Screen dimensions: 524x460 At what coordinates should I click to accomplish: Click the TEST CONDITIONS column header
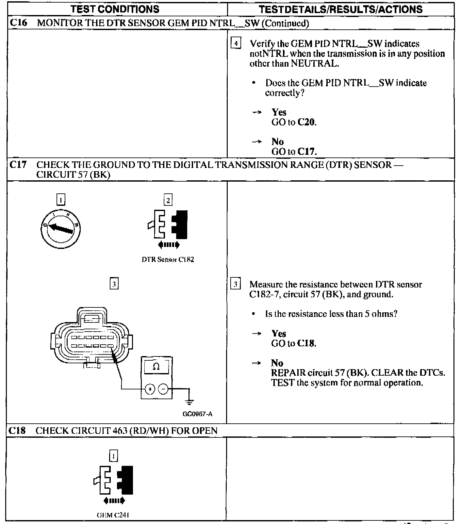[x=115, y=9]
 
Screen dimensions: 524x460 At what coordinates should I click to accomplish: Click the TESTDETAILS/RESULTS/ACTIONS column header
[x=340, y=9]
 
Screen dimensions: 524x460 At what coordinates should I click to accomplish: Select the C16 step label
[x=18, y=23]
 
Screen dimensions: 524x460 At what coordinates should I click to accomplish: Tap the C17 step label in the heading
[x=18, y=164]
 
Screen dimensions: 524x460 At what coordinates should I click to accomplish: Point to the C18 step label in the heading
[x=18, y=431]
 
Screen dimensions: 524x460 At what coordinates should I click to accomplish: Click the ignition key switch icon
[x=61, y=228]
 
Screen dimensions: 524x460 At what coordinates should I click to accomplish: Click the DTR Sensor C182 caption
[x=168, y=260]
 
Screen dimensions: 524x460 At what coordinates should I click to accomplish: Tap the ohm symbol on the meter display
[x=156, y=367]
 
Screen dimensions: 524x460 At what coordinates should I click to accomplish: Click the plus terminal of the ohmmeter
[x=150, y=389]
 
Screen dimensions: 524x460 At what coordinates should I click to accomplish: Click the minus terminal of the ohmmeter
[x=163, y=389]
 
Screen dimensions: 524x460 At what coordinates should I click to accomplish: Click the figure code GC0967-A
[x=197, y=414]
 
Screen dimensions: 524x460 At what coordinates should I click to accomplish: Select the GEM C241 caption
[x=113, y=515]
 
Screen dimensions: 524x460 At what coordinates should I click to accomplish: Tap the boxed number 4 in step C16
[x=236, y=43]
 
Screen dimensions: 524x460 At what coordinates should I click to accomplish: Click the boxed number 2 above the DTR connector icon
[x=168, y=200]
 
